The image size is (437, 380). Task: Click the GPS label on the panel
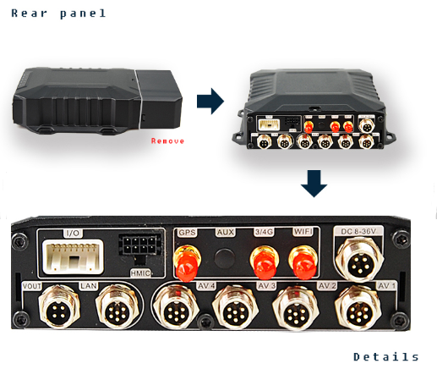tap(187, 233)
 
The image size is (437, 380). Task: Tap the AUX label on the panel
tap(226, 232)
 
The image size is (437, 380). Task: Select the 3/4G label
tap(264, 232)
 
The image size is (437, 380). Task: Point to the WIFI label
tap(303, 232)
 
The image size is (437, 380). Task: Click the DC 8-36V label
tap(358, 231)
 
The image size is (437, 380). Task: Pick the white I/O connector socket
tap(73, 256)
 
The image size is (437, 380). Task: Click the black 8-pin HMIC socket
tap(139, 245)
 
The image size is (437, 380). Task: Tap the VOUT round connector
tap(59, 306)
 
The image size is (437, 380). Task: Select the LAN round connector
tap(117, 307)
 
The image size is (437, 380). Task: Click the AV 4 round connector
tap(176, 307)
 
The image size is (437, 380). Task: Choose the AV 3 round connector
tap(236, 307)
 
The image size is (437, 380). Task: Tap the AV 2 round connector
tap(296, 308)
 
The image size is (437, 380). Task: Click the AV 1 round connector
tap(358, 308)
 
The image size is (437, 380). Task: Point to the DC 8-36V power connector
tap(360, 260)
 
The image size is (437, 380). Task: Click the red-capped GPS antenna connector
tap(187, 263)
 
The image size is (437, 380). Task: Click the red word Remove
tap(167, 140)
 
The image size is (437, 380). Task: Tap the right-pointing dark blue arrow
tap(210, 101)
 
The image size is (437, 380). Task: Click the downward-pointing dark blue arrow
tap(314, 184)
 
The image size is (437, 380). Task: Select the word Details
tap(386, 357)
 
